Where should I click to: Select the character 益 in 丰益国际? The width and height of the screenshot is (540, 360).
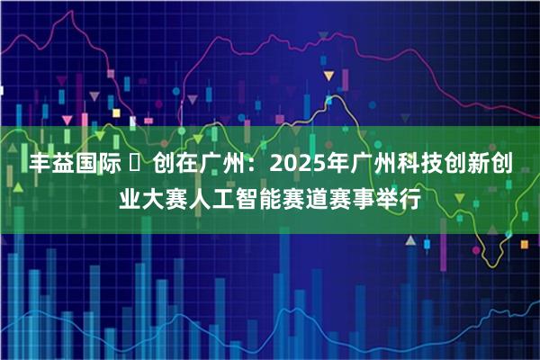click(x=65, y=164)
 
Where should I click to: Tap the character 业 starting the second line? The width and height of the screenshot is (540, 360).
click(x=132, y=195)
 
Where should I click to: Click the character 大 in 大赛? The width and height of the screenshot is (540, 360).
click(x=157, y=195)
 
